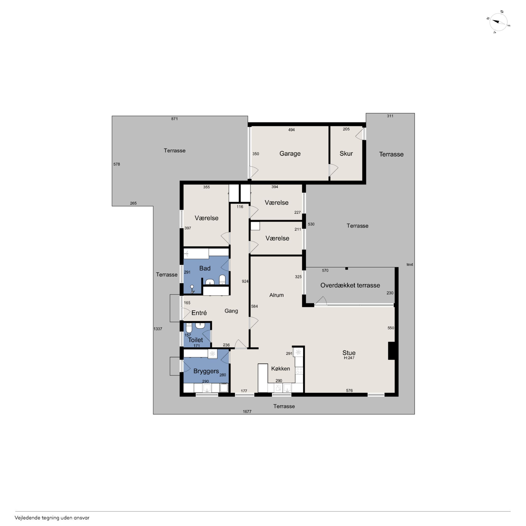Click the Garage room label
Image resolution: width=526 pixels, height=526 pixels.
click(290, 154)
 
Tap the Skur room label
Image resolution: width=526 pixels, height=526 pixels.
click(346, 154)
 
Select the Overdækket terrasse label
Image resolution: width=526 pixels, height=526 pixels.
click(350, 285)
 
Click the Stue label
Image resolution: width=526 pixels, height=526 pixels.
click(349, 353)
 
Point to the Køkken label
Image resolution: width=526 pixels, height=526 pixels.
click(280, 369)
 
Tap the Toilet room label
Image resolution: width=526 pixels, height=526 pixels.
click(195, 340)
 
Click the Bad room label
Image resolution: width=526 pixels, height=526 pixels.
click(205, 268)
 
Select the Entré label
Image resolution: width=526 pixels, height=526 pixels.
click(199, 313)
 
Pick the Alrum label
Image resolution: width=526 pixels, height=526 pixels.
click(276, 295)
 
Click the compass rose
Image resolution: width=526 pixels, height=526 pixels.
click(498, 22)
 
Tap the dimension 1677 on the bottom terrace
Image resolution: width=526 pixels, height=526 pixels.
click(247, 412)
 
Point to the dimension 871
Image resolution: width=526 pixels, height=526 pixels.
click(175, 119)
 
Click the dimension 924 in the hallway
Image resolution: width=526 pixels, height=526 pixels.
click(245, 281)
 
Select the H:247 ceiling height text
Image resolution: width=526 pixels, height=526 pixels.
click(349, 358)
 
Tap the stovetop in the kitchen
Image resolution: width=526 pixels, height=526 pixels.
click(299, 370)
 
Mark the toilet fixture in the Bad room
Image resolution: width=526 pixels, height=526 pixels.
click(222, 279)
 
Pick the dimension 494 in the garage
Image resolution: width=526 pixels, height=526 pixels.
click(291, 130)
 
